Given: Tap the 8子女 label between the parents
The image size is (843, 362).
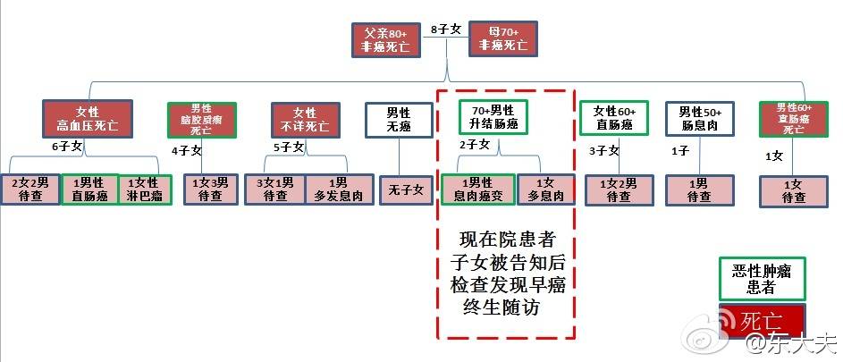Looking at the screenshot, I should pos(445,29).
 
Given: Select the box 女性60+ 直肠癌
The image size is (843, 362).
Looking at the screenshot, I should pos(614,118).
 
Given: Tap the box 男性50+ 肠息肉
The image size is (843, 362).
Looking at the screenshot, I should pos(699,118).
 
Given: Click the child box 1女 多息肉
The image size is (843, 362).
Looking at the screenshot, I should pos(542,189).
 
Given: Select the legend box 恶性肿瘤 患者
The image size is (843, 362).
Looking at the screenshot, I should pos(762,279).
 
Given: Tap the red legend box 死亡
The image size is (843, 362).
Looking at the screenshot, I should pos(763,320).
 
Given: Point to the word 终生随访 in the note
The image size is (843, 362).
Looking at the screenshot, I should pos(504,307).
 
